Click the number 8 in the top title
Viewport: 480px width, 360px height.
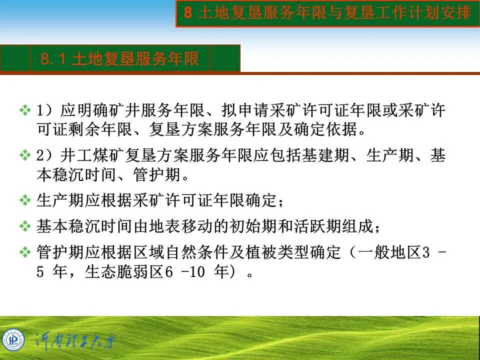(x=187, y=13)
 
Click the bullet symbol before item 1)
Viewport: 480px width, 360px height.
(x=24, y=110)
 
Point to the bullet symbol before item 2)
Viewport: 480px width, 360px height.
(x=24, y=155)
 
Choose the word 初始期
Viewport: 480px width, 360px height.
(x=275, y=226)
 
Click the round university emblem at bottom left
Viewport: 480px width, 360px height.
(x=13, y=339)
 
